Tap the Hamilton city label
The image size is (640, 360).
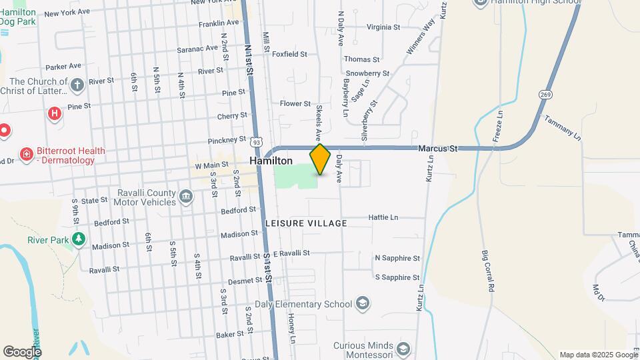point(271,161)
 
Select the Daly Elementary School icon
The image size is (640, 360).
point(362,304)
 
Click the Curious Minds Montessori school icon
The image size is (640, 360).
point(403,349)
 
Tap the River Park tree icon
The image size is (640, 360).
point(79,239)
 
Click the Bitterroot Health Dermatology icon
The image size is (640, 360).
point(27,155)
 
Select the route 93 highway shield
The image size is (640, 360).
point(256,141)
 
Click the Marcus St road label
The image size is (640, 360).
point(438,149)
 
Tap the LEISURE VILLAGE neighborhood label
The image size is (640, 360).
point(306,223)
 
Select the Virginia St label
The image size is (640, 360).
point(383,27)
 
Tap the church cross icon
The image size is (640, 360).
point(77,85)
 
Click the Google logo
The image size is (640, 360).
point(22,351)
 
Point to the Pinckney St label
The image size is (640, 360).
point(227,140)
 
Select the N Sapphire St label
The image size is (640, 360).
point(397,258)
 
